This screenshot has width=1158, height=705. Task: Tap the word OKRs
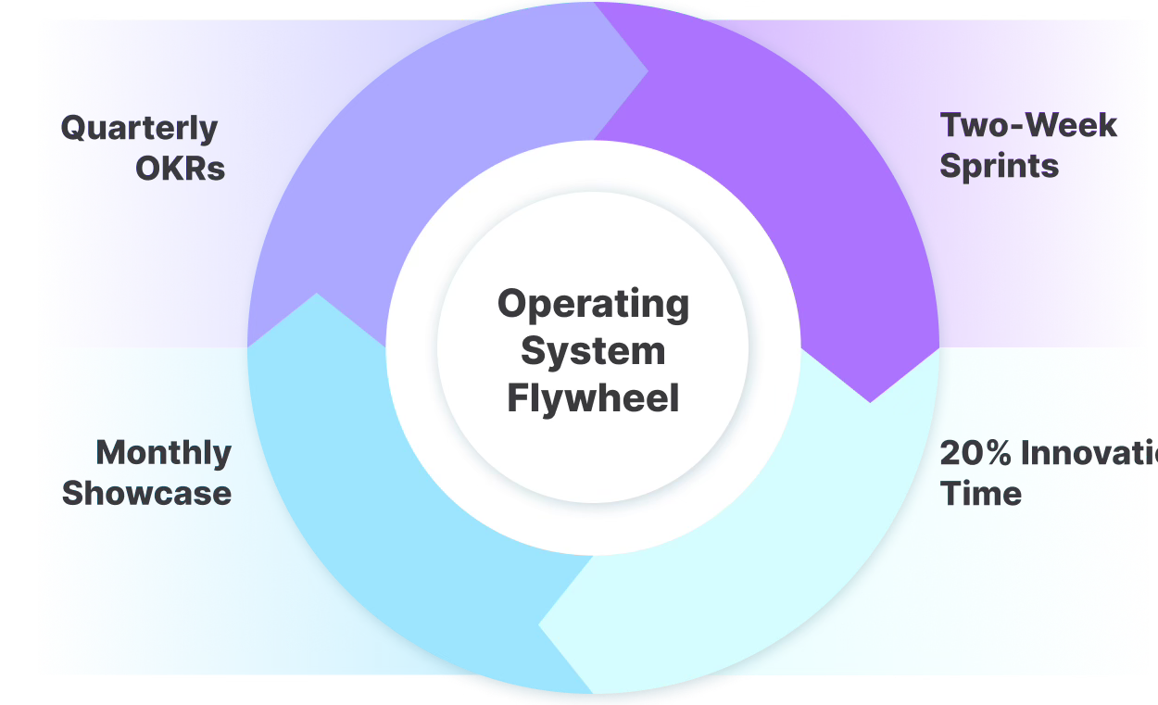[181, 170]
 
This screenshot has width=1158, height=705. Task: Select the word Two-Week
[1028, 125]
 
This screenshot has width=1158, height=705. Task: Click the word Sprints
[999, 167]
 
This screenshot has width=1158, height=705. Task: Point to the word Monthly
[164, 453]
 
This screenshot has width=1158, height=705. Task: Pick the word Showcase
[146, 493]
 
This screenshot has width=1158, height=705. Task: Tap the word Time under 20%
[981, 493]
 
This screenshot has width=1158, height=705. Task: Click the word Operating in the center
[593, 304]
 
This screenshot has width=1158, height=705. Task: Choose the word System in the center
[593, 352]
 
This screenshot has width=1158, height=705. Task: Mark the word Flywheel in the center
[593, 399]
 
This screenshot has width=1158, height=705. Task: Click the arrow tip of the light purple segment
[646, 69]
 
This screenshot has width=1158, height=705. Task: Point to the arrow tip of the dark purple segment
[870, 400]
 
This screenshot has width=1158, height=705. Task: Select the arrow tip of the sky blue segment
[317, 296]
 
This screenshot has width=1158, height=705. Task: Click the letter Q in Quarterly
[74, 129]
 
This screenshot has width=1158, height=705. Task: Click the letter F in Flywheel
[517, 399]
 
